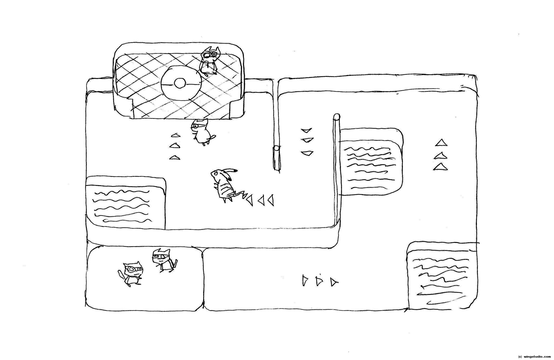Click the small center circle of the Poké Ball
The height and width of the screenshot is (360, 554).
coord(180,83)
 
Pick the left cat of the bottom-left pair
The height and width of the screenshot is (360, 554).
coord(131,274)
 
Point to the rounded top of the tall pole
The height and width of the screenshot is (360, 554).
coord(336,116)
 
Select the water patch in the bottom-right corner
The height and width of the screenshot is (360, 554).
coord(440,276)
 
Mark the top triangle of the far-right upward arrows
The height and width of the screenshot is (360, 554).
coord(440,142)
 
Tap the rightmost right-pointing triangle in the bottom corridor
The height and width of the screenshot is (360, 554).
coord(333,282)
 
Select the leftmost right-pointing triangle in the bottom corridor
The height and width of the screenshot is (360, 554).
coord(305,280)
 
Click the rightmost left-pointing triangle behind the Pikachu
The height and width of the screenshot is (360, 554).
coord(271,200)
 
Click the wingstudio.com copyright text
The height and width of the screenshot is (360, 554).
coord(534,356)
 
